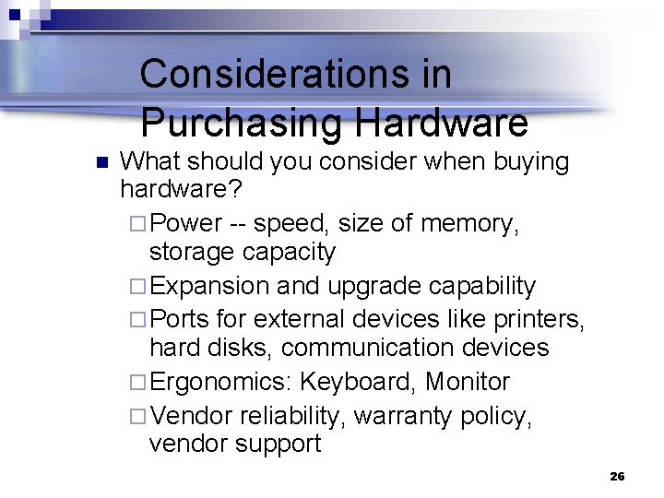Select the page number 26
[x=617, y=476]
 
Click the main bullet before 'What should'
[x=102, y=163]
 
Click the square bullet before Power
[x=138, y=223]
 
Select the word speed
[x=286, y=223]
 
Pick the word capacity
[x=290, y=252]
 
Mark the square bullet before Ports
[x=138, y=318]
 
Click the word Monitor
[x=468, y=381]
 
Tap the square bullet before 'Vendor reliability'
[x=138, y=415]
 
